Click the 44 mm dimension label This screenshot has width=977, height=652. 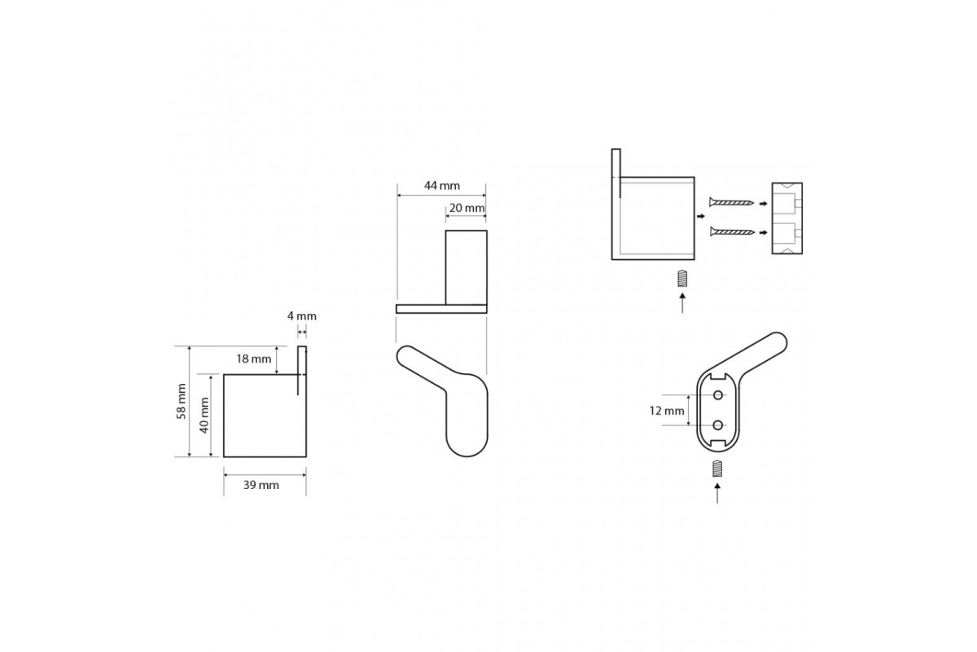pos(442,186)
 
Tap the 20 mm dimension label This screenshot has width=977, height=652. pos(467,208)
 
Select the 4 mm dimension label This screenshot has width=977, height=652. pos(302,315)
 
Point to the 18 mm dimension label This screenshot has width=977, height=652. pos(254,359)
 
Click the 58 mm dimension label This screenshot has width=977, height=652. pos(182,401)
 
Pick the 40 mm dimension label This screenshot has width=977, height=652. pos(204,416)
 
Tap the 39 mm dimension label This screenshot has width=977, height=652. pos(261,485)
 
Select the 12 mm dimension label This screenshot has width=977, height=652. pos(667,411)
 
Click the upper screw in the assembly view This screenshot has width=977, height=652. pos(731,202)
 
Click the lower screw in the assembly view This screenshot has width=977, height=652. pos(732,232)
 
